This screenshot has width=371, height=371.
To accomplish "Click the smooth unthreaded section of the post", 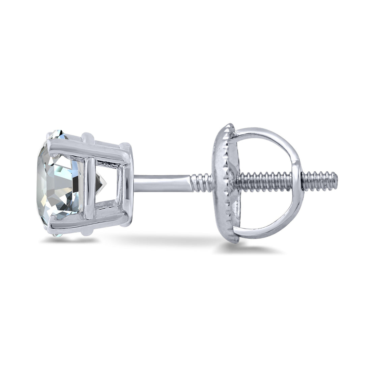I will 162,182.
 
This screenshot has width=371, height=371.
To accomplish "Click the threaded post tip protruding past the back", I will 322,178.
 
